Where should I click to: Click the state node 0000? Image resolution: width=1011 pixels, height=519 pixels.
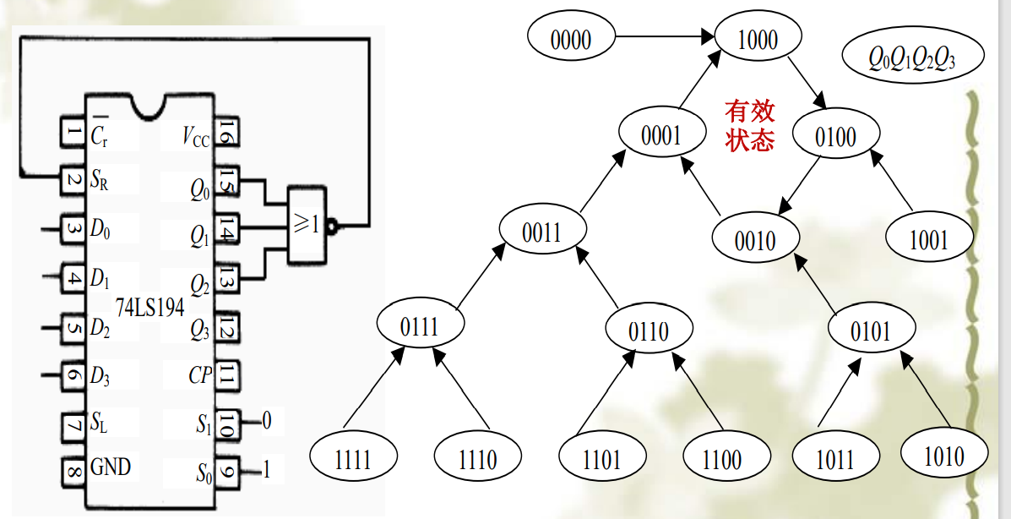571,38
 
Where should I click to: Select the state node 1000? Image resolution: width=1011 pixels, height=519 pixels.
758,39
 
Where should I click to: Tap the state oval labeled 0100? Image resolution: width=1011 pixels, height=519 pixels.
835,136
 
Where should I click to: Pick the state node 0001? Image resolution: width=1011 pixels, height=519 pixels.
661,135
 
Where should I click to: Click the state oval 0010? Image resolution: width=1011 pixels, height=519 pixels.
755,239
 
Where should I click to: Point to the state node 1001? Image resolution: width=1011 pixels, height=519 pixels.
928,239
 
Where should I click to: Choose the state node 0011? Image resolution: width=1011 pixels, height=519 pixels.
541,231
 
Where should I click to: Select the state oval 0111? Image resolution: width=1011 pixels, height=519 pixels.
420,325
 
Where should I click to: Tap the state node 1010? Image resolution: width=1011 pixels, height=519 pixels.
943,456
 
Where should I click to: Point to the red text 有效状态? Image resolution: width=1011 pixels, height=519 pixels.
749,125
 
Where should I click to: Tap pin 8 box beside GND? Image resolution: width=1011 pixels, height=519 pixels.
73,467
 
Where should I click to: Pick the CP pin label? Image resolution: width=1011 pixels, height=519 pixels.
200,374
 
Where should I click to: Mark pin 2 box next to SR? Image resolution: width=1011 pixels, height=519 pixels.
73,179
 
